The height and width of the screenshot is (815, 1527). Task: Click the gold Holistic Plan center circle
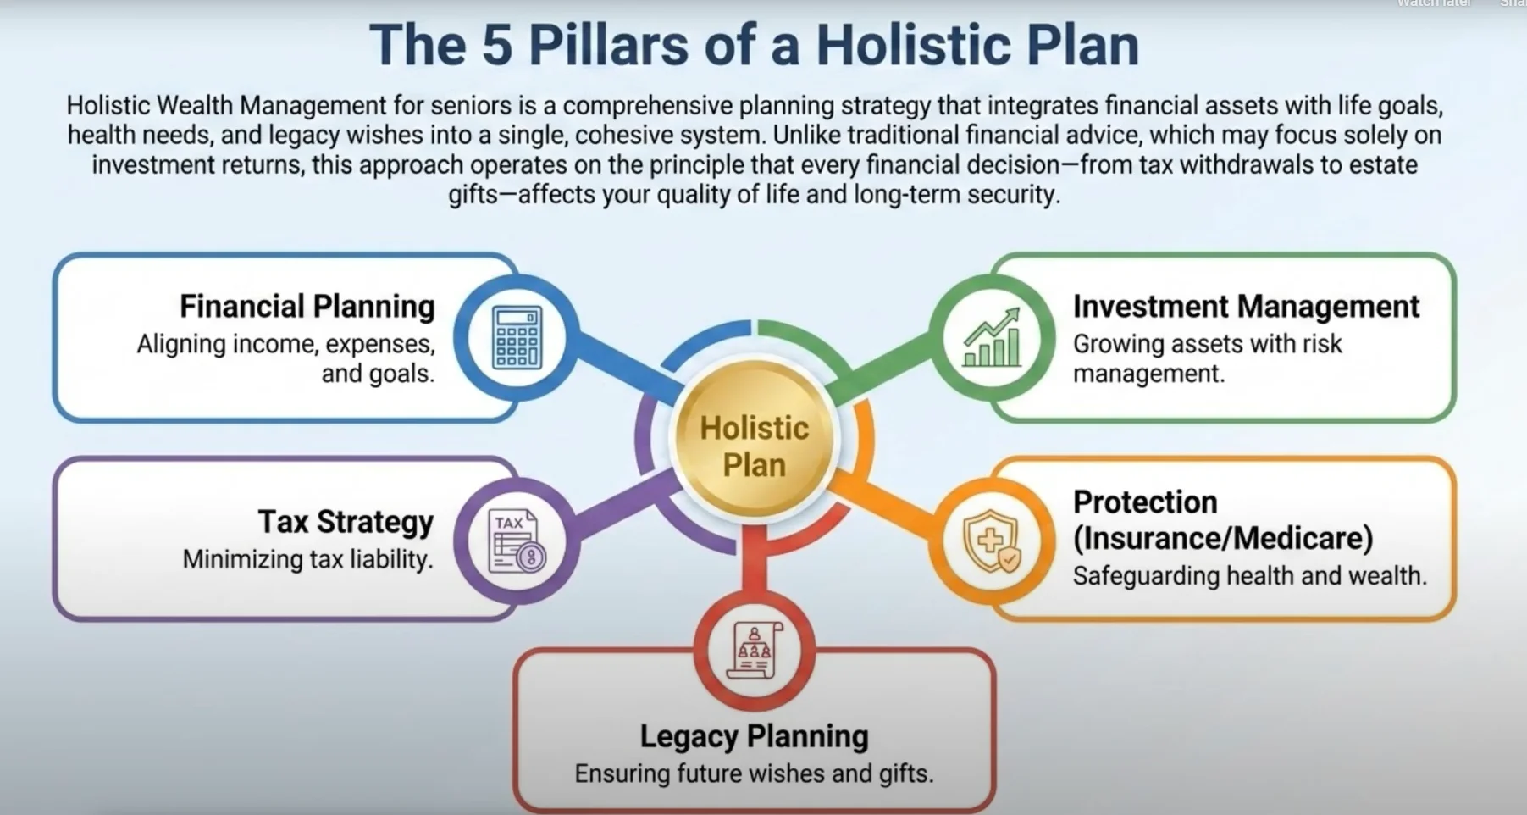(754, 439)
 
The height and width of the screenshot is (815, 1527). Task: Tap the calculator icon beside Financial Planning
(517, 337)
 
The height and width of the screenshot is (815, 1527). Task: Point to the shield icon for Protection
(992, 541)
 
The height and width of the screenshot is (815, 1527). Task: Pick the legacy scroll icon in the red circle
(754, 651)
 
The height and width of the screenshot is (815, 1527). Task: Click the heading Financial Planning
(307, 307)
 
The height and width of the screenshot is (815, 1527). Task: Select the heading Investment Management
(1246, 307)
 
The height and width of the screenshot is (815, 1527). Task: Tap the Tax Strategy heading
(346, 522)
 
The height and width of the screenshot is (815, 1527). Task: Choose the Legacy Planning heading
(754, 736)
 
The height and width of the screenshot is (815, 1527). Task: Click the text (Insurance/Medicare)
(1223, 538)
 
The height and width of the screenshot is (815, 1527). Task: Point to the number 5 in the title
(497, 45)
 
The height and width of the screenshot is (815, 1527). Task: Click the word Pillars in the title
(608, 45)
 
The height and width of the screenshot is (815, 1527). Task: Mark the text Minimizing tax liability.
(307, 559)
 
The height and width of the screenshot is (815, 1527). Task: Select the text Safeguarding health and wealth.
(1249, 576)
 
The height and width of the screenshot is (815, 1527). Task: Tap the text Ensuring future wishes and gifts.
(754, 773)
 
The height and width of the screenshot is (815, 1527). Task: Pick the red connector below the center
(754, 559)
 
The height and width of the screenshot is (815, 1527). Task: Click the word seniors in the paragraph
(471, 106)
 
